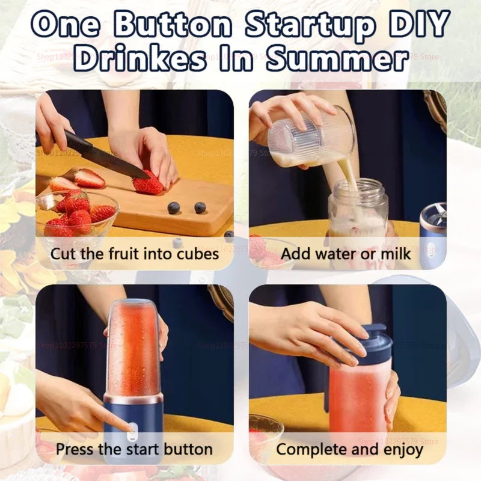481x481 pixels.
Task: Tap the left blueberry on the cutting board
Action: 174,207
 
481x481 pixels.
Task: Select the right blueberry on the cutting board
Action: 200,207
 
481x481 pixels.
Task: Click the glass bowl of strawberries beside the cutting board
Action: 75,213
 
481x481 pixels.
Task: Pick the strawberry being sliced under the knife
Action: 147,183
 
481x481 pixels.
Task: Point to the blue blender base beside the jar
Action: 434,234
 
